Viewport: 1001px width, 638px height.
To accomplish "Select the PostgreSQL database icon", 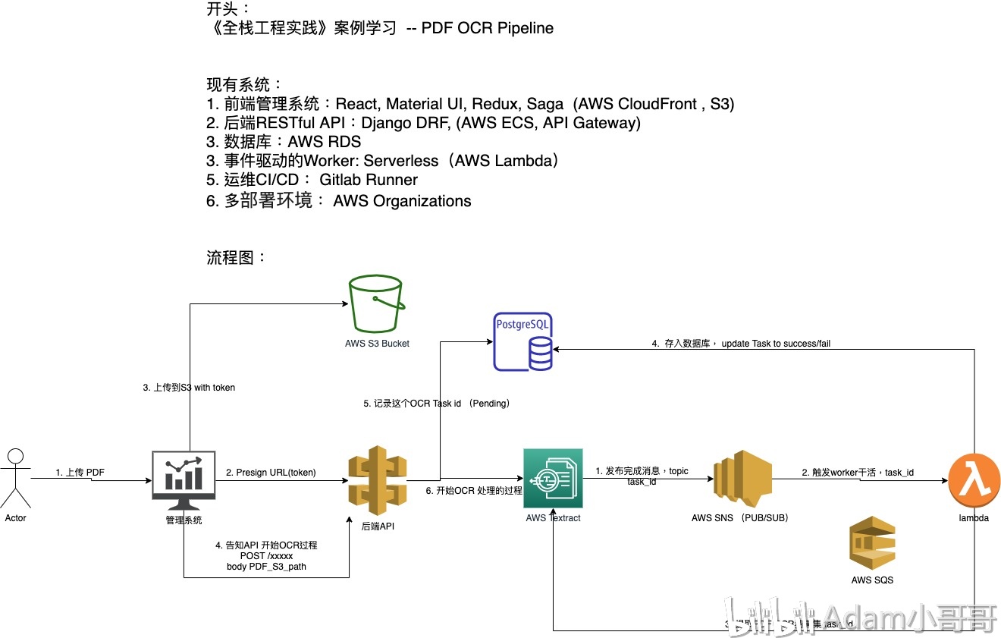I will pos(522,341).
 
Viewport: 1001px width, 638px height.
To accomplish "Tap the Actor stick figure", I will pos(15,478).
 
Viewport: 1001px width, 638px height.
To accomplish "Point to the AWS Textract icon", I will pos(553,478).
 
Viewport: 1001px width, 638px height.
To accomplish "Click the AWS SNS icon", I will pos(742,478).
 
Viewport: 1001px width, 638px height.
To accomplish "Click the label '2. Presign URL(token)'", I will pos(271,473).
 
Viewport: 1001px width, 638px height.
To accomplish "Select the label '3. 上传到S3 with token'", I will pos(189,388).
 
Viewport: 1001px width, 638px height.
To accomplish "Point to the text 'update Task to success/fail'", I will pos(776,344).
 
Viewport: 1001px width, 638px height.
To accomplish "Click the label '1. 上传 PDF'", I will pos(80,473).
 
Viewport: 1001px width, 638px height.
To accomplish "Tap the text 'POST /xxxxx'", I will pos(266,556).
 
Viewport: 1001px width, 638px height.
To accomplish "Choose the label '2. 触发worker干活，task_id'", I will pos(858,473).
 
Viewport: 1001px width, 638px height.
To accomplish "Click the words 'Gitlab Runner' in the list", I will pos(369,180).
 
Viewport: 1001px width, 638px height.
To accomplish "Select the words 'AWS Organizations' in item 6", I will pos(402,201).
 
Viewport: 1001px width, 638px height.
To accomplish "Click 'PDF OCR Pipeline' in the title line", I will pos(488,28).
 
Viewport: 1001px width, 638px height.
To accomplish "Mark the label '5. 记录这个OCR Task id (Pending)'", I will pos(437,404).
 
